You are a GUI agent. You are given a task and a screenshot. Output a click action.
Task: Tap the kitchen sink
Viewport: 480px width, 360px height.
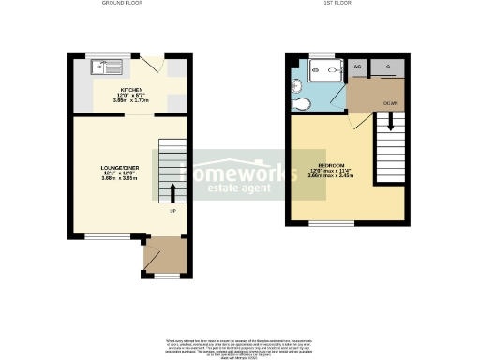tap(106, 67)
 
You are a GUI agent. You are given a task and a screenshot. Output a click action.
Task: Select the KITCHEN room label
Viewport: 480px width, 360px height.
tap(132, 90)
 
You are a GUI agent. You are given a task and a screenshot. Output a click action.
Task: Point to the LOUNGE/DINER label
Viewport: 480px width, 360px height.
tap(119, 168)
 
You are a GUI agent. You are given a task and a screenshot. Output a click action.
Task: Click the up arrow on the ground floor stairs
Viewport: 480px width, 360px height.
tap(172, 193)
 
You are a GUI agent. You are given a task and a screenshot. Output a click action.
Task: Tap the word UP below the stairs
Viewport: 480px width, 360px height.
tap(172, 211)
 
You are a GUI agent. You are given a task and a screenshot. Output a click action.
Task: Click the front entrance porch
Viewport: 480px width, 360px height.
tap(165, 257)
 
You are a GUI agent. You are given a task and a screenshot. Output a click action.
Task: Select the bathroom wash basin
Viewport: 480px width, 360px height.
tap(296, 84)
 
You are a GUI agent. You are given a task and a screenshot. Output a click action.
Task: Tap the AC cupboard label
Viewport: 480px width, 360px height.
tap(357, 67)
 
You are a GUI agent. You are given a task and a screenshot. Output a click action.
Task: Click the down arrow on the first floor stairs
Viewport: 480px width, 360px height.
tap(390, 122)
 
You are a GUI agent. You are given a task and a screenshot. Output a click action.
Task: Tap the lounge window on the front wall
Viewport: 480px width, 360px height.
tap(107, 237)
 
